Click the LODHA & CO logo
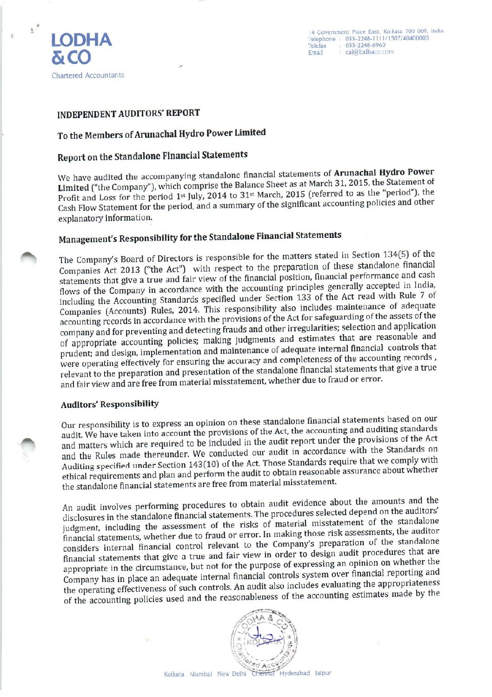click(81, 48)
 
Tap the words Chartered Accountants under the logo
click(88, 75)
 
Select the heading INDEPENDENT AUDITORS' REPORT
click(128, 114)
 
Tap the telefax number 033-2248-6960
click(365, 46)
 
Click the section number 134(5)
click(397, 255)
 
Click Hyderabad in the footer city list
click(294, 673)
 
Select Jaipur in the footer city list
click(323, 673)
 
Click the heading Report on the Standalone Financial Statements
click(152, 156)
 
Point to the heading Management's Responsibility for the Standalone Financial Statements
click(199, 237)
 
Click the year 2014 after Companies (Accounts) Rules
click(189, 310)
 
